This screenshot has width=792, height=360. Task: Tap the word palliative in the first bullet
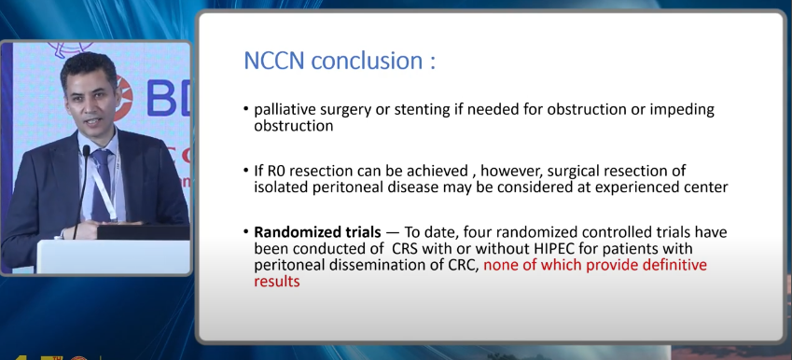pyautogui.click(x=284, y=109)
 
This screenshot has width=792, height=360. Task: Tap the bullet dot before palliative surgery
pyautogui.click(x=245, y=110)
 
